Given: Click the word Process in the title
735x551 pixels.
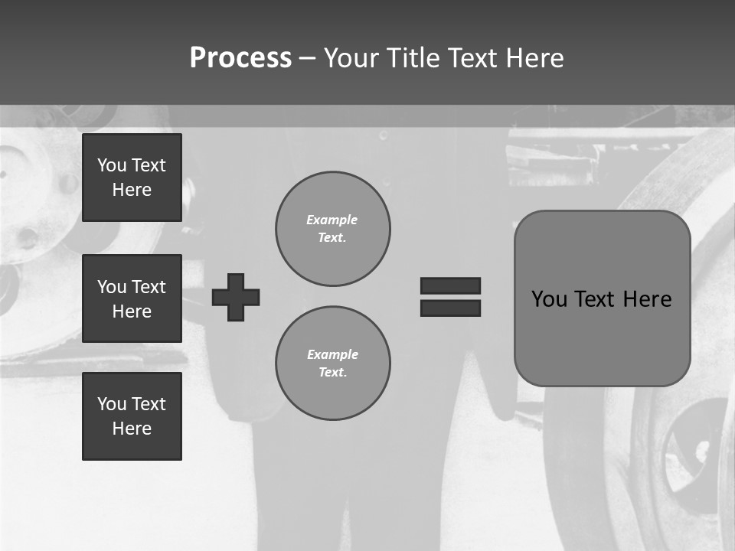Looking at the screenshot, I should click(x=240, y=58).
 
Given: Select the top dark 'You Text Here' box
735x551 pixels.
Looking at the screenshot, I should click(x=132, y=178).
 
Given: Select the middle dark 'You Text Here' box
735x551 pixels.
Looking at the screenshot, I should click(x=132, y=298).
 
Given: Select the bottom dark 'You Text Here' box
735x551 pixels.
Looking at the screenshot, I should click(x=132, y=416).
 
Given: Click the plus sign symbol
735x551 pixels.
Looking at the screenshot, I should click(x=236, y=297).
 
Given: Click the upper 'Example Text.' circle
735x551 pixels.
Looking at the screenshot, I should click(x=332, y=229).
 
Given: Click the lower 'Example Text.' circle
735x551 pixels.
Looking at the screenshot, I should click(x=332, y=364).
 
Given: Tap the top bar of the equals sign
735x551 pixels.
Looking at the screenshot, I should click(x=450, y=285).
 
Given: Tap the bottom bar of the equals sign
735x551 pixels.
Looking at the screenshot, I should click(x=450, y=308).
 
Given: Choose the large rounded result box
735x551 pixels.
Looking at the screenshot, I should click(x=602, y=298).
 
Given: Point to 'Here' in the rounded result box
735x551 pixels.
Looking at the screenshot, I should click(x=647, y=299).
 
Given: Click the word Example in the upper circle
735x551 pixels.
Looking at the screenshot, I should click(x=332, y=220).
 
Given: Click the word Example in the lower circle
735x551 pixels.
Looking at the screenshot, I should click(x=332, y=354).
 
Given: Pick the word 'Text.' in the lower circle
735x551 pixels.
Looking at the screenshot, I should click(x=332, y=373).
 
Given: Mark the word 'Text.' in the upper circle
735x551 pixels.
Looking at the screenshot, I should click(x=332, y=238).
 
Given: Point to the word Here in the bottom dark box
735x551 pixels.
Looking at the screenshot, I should click(x=132, y=429).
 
